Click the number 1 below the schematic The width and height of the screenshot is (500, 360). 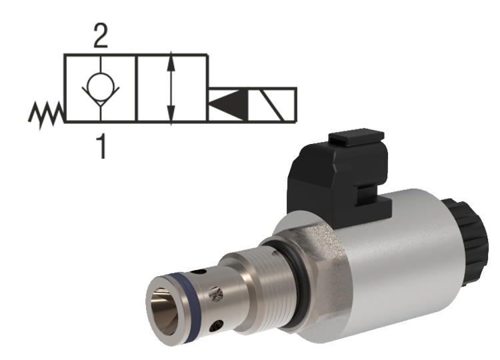pyautogui.click(x=101, y=146)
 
